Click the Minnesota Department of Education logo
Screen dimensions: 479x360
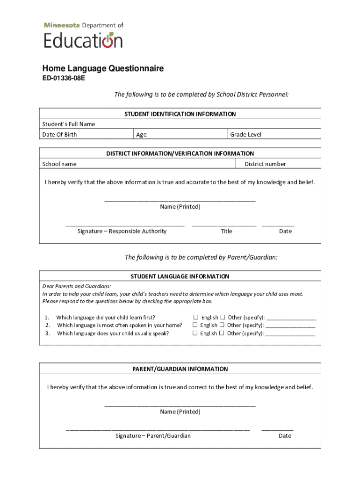tap(83, 36)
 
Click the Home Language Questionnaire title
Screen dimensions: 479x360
tap(103, 69)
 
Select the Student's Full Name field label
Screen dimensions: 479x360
tap(68, 124)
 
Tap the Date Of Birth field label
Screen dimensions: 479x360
tap(59, 135)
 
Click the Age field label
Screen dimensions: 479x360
tap(141, 135)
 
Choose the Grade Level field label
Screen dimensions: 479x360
tap(245, 135)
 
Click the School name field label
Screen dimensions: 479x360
tap(59, 164)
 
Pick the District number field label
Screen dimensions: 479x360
tap(265, 164)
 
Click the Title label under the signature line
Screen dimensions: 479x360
tap(226, 231)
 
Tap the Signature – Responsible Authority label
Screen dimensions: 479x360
tap(122, 231)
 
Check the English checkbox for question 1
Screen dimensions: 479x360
tap(196, 317)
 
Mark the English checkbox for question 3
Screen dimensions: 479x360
tap(195, 334)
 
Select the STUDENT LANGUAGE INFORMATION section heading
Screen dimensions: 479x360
tap(180, 276)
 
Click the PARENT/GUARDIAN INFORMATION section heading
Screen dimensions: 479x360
tap(180, 369)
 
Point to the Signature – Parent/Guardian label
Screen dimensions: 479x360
tap(153, 436)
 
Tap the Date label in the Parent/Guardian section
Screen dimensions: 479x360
tap(285, 436)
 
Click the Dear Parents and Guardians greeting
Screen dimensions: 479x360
tap(77, 286)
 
